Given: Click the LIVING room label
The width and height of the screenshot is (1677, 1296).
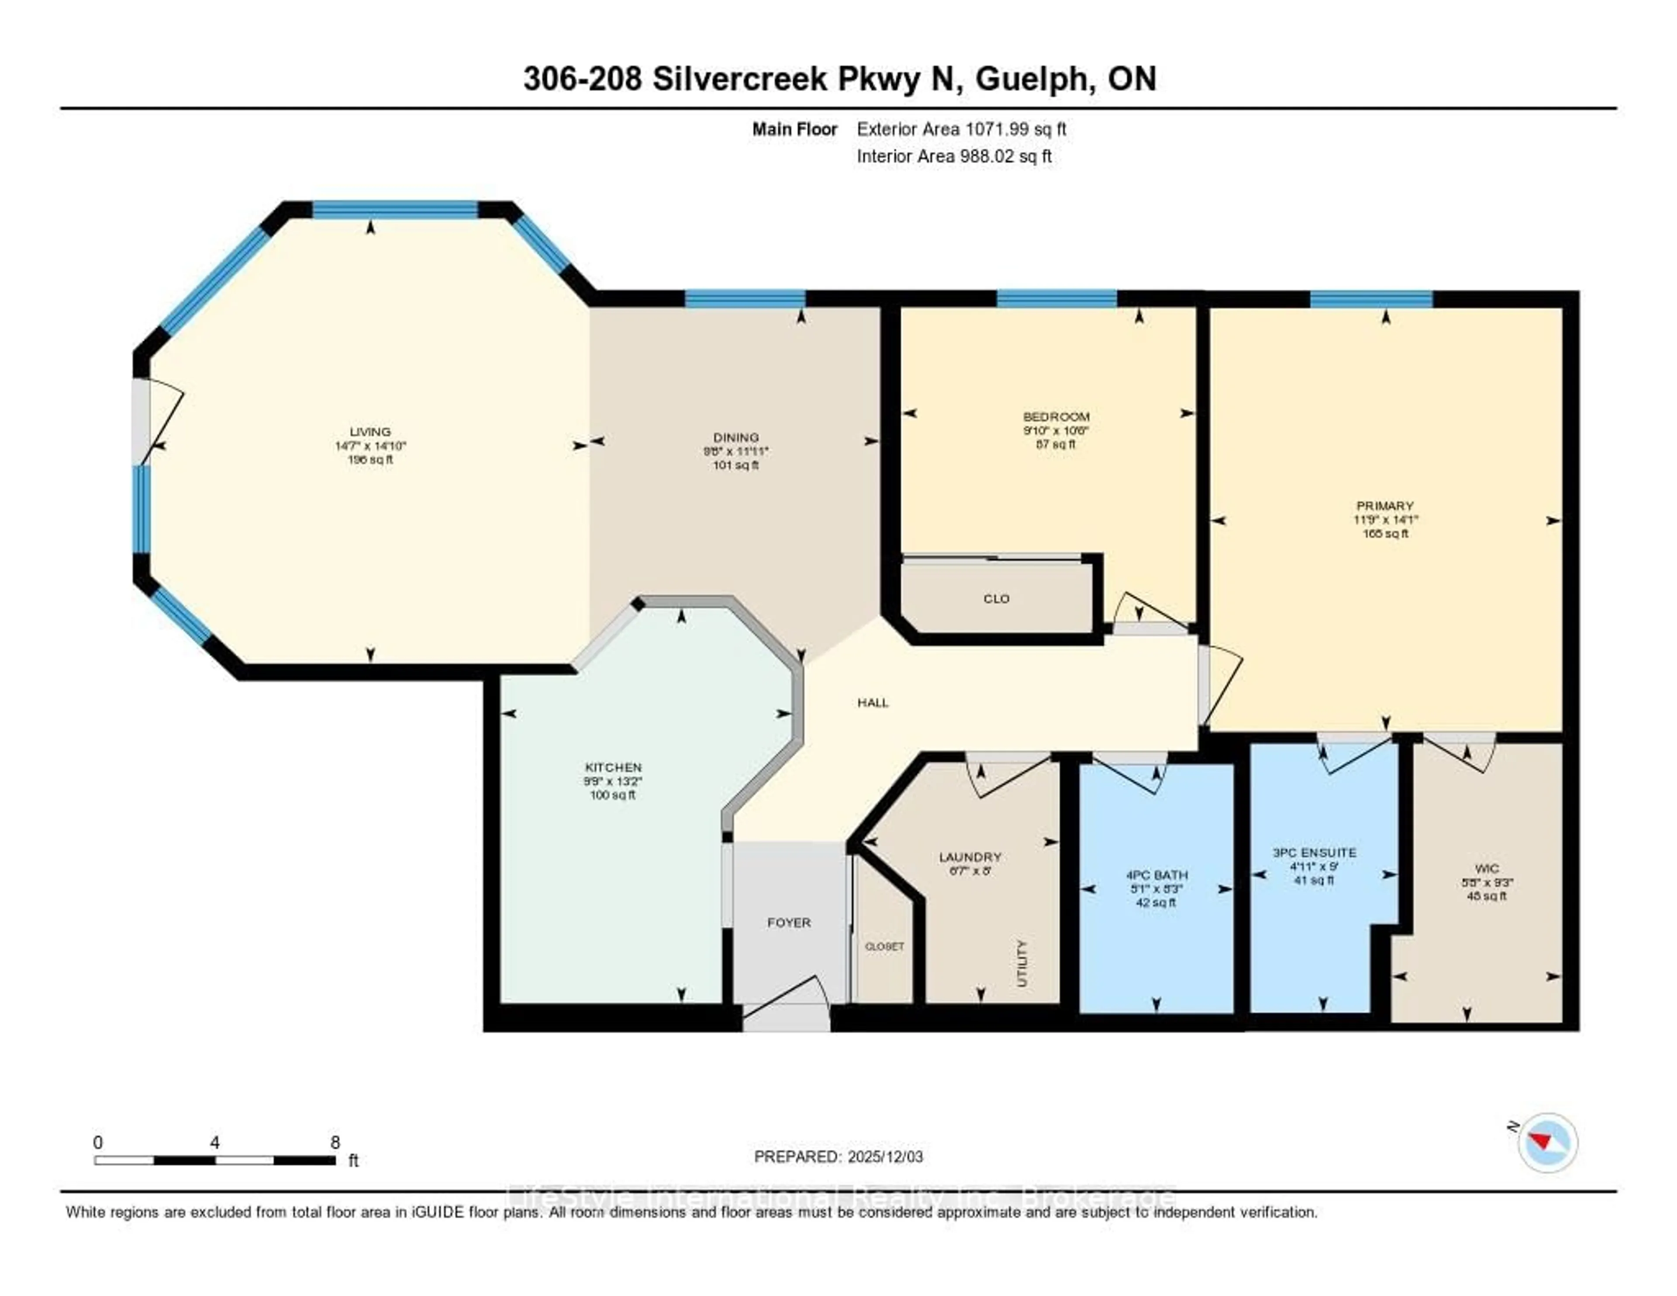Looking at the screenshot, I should [370, 432].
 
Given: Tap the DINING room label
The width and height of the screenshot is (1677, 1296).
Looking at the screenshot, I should [735, 437].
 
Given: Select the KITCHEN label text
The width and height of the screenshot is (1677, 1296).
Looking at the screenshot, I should [613, 767].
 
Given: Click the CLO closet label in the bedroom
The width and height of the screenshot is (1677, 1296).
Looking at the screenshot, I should [996, 599].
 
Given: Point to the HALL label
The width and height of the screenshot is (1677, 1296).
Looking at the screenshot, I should [873, 702].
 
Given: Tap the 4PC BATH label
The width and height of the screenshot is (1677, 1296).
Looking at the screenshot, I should [1156, 875].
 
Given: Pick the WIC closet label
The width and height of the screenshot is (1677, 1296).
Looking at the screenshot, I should [1487, 869].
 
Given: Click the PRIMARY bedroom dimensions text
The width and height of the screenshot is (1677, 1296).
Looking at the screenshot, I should [1385, 520].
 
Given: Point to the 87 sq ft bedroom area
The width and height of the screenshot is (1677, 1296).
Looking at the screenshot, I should [1056, 444].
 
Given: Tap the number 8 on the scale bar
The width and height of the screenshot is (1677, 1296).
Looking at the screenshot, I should [335, 1142].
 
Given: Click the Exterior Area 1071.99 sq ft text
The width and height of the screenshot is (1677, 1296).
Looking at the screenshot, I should [961, 129].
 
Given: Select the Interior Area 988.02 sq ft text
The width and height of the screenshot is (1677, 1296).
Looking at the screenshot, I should [954, 157].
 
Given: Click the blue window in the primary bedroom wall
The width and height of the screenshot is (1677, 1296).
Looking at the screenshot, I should [1370, 299].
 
